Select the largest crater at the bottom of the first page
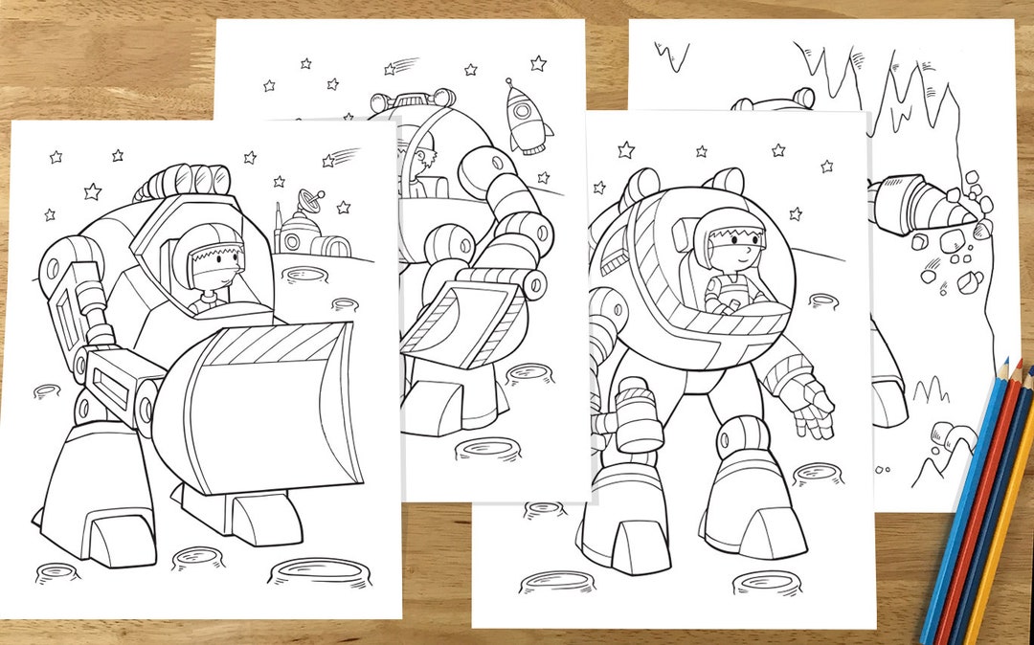pyautogui.click(x=320, y=572)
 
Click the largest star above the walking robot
pyautogui.click(x=625, y=149)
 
